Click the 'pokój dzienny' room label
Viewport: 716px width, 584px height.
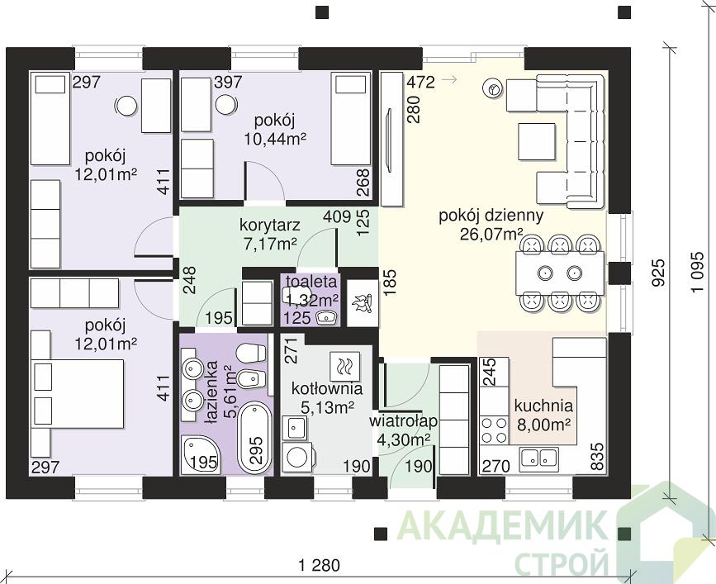tap(491, 216)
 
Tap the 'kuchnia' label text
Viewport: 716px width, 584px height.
tap(543, 405)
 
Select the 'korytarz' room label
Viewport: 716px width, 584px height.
tap(270, 226)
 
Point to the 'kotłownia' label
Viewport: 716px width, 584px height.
tap(327, 388)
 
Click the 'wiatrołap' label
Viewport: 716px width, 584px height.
tap(404, 420)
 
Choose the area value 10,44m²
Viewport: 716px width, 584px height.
tap(274, 138)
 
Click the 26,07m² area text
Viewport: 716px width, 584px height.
tap(491, 235)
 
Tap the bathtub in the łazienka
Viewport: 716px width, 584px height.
tap(255, 438)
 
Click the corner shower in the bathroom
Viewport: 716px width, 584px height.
tap(201, 455)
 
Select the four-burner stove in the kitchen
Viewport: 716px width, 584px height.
tap(495, 430)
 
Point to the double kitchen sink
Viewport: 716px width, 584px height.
tap(538, 457)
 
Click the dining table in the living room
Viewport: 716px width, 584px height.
tap(560, 273)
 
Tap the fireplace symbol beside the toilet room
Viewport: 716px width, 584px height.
tap(363, 302)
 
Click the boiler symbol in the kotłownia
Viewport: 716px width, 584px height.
tap(344, 366)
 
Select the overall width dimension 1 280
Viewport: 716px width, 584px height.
tap(320, 565)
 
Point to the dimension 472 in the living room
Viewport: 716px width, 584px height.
tap(420, 82)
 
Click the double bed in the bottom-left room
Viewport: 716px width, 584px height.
tap(78, 393)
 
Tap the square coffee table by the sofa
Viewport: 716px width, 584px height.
tap(537, 141)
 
